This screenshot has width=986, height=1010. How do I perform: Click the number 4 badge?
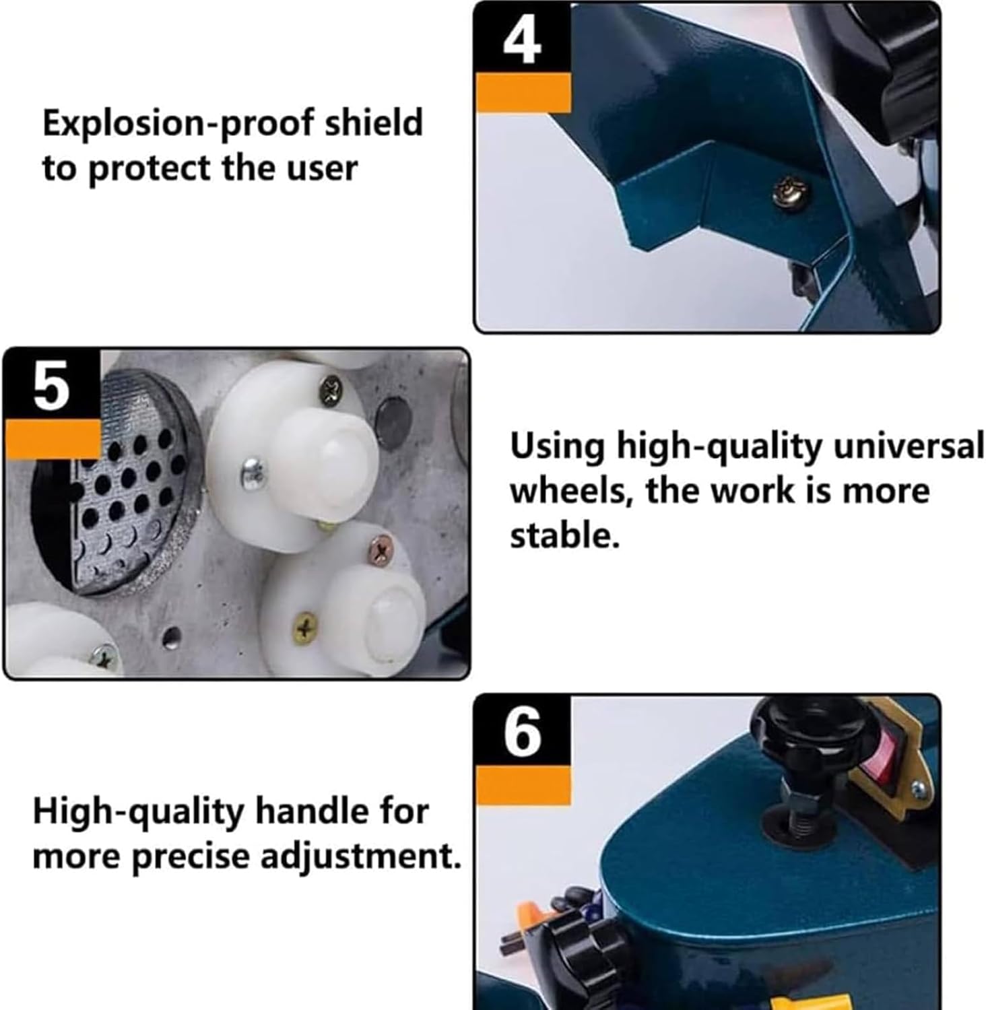(522, 40)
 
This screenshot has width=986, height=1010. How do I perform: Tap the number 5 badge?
(52, 385)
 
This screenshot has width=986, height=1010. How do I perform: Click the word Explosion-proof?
(178, 124)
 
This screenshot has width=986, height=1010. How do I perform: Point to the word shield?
(374, 123)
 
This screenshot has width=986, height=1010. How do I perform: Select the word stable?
(564, 537)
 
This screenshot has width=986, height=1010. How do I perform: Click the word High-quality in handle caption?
(137, 811)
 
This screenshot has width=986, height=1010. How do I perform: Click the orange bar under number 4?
(523, 93)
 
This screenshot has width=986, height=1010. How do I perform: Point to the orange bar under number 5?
(53, 438)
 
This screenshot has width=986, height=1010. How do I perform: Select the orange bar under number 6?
(523, 785)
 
